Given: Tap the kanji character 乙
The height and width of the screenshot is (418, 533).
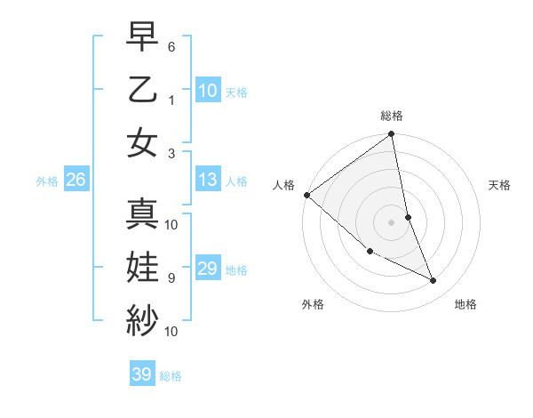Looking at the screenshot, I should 142,88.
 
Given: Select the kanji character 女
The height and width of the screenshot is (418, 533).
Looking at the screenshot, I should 142,141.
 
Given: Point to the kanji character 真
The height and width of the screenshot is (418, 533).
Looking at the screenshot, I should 142,213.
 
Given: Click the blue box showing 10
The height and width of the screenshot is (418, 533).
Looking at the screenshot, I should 208,91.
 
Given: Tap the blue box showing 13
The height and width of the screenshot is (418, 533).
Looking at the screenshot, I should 208,181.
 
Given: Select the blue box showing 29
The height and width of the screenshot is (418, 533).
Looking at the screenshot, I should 208,269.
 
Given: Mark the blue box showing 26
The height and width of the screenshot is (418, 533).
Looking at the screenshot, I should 76,181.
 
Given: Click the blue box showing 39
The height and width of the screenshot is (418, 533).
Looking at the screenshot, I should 142,374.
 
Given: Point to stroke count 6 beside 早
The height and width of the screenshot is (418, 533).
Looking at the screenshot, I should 171,45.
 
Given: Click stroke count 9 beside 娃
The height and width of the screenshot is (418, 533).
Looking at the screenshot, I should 171,277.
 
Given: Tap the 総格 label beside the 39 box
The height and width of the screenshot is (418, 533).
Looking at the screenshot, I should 171,376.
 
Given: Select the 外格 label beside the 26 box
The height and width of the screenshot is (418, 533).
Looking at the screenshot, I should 47,181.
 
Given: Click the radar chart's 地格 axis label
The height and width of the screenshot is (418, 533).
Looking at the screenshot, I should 465,304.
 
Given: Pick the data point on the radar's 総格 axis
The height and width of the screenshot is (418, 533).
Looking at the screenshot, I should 391,135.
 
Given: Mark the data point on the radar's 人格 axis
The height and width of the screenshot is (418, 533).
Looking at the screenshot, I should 306,195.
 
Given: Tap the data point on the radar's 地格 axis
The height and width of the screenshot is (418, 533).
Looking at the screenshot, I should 434,281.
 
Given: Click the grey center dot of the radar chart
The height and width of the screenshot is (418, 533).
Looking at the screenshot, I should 391,222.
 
